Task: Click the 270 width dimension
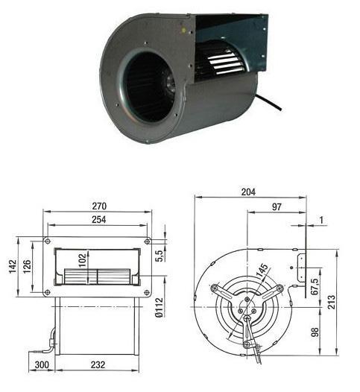click(x=99, y=206)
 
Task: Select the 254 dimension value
click(x=99, y=220)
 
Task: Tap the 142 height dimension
click(x=13, y=267)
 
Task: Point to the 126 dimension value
click(x=27, y=266)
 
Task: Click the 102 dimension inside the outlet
click(x=82, y=260)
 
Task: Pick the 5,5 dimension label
click(x=159, y=256)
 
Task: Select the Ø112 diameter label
click(x=159, y=307)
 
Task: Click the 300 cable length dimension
click(x=42, y=364)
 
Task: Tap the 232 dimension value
click(x=98, y=364)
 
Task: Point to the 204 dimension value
click(x=248, y=192)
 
